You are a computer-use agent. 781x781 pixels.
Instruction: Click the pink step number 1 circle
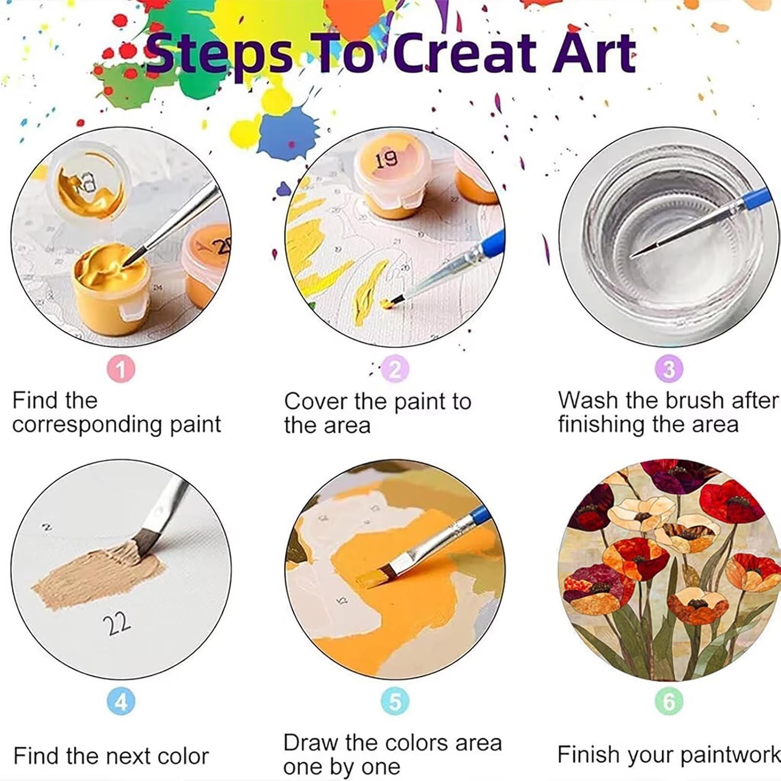(x=121, y=369)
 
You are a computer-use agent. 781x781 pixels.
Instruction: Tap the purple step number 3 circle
(x=669, y=369)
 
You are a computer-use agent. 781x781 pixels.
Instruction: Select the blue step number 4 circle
(x=121, y=702)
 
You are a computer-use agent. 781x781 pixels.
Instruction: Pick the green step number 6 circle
(x=669, y=702)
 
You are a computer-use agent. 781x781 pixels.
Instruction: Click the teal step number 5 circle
(x=395, y=701)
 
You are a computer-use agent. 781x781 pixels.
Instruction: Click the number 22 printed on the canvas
(x=117, y=623)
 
